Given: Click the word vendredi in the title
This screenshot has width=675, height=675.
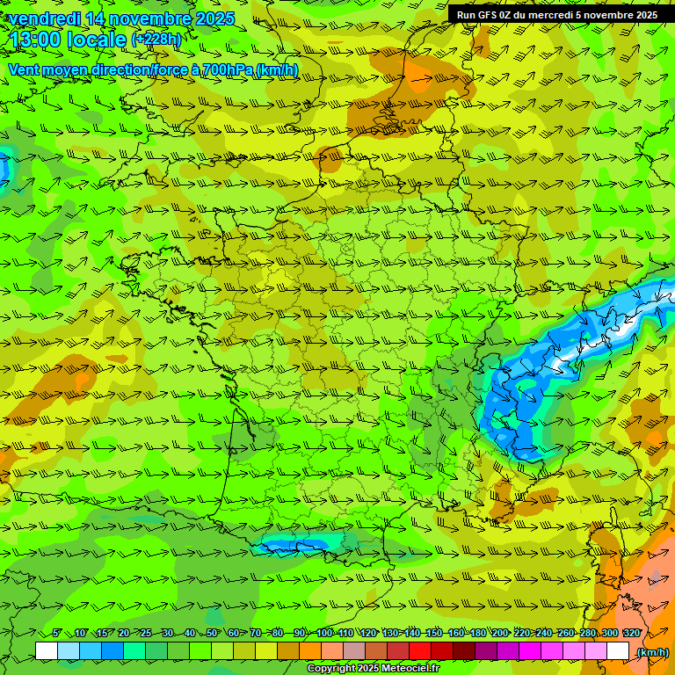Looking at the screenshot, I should (44, 18).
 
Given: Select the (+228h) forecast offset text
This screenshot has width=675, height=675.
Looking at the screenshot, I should (156, 40).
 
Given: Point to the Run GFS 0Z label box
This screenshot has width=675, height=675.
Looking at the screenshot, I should (556, 14).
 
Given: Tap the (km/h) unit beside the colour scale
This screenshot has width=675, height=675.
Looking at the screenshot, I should (651, 652).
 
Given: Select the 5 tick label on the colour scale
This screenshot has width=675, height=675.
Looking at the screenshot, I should (57, 634).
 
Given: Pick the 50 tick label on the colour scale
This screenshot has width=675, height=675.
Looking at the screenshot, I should (212, 634).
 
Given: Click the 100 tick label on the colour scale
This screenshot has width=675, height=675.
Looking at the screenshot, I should (324, 634).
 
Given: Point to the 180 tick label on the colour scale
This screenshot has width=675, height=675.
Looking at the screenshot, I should (478, 634).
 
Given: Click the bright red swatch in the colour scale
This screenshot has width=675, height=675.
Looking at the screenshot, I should (420, 651).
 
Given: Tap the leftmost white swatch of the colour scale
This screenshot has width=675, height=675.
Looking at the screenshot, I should (47, 651).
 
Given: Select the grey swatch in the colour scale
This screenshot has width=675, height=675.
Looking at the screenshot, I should (354, 651).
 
